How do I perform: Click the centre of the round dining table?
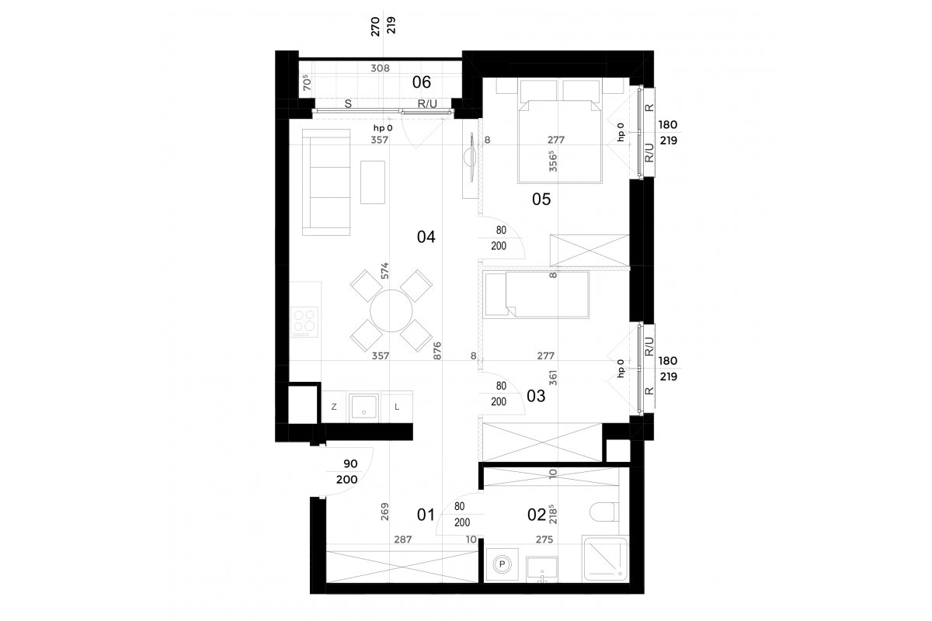391,310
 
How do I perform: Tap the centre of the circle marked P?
503,564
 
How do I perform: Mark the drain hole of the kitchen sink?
364,413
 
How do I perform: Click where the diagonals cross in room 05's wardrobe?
590,251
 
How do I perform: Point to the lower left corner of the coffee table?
360,204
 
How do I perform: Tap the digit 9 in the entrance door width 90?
346,463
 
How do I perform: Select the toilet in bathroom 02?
604,512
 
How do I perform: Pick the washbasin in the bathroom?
542,570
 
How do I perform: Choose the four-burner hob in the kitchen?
304,322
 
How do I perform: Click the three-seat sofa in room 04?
326,182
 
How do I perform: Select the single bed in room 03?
537,294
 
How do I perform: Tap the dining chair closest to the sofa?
367,286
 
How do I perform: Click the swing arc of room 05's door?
504,234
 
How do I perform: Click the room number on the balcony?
422,82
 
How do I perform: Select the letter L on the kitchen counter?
397,408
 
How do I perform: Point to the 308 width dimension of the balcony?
381,68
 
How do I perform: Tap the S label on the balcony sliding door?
348,104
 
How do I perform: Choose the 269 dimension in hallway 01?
384,512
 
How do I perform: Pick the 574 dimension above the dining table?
384,271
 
